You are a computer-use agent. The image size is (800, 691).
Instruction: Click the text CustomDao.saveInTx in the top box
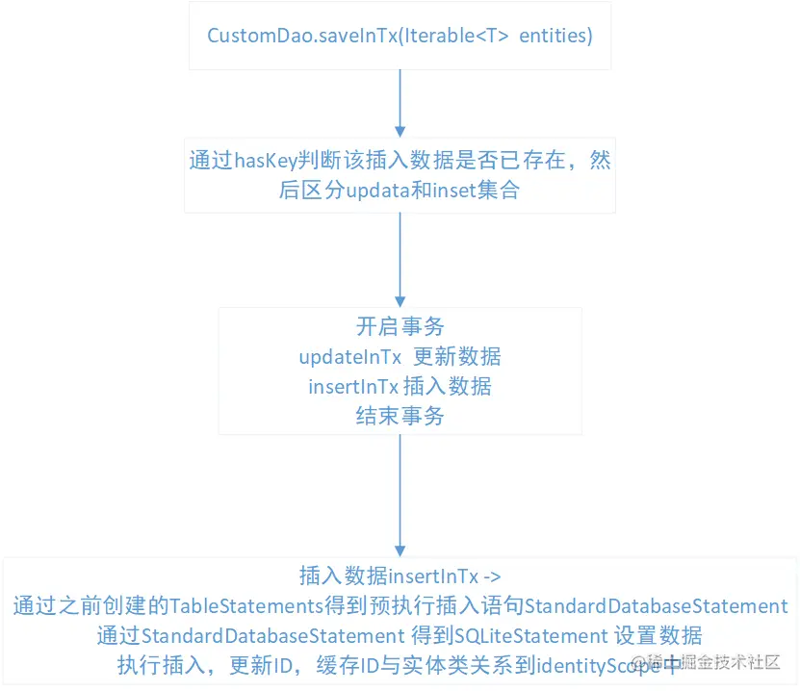[x=290, y=36]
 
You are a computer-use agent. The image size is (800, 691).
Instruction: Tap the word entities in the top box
[x=555, y=36]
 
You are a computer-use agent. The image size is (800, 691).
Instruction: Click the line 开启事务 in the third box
[x=400, y=326]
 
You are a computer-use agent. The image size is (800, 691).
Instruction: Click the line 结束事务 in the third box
[x=400, y=416]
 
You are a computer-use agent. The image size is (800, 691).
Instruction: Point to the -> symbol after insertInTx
[x=491, y=576]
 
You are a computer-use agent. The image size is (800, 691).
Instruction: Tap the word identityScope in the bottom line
[x=594, y=664]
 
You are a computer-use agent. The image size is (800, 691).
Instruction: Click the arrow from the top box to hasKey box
[x=400, y=101]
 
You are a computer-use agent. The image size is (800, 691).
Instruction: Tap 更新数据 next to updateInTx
[x=457, y=356]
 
